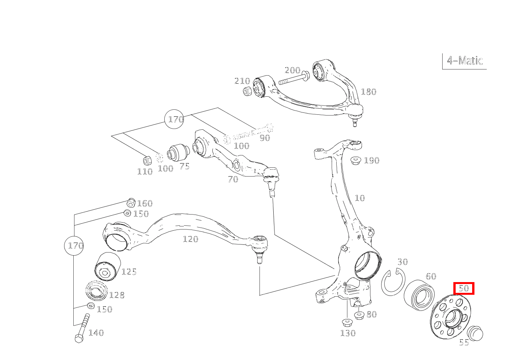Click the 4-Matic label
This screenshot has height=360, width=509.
(464, 61)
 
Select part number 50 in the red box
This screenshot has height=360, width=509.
(464, 288)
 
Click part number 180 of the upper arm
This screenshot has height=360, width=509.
(369, 92)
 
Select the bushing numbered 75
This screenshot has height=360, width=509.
(177, 152)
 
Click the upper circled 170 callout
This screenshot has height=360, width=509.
(175, 119)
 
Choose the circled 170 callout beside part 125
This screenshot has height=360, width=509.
(74, 245)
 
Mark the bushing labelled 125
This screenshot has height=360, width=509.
(107, 267)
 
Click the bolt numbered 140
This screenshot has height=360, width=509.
(83, 328)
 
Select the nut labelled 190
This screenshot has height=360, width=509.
(355, 160)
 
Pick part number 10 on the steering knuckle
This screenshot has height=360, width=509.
(360, 198)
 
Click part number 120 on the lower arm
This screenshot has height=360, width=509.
(190, 239)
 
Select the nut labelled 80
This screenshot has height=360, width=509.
(359, 315)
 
